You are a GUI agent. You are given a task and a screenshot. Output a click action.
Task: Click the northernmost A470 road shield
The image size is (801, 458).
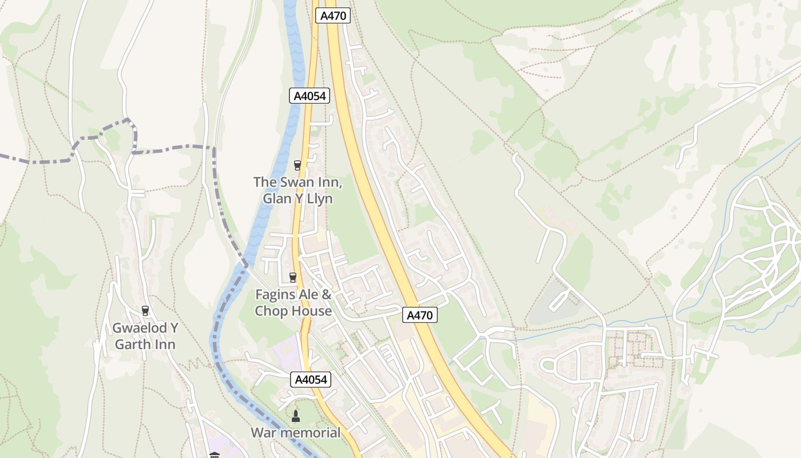click(333, 15)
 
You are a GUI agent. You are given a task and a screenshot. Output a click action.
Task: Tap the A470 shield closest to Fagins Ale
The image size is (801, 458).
click(420, 314)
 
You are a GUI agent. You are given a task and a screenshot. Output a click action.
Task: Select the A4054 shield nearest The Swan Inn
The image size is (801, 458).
click(310, 96)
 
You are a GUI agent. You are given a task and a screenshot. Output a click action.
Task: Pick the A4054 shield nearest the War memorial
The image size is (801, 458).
click(311, 379)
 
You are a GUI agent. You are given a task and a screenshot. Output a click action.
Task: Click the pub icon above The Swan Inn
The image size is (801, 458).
click(297, 165)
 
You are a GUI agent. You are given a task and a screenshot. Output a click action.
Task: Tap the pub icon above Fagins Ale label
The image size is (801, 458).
click(293, 278)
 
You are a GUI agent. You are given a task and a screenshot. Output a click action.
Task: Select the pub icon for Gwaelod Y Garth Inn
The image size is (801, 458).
click(145, 311)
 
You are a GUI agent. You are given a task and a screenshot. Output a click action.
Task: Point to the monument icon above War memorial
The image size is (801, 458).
click(296, 415)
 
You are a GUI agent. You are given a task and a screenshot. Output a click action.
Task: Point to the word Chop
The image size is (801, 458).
click(272, 311)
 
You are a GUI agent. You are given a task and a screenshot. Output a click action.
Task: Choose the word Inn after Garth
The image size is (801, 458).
click(165, 344)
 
